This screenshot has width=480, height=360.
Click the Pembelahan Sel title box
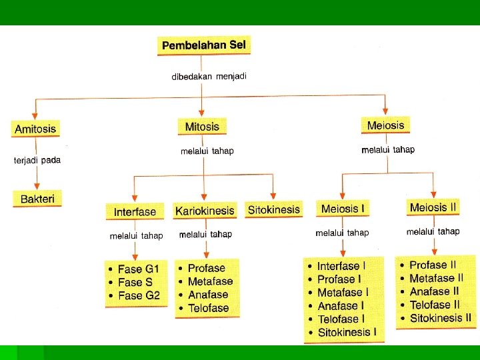point(205,46)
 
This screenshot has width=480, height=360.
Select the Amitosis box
point(35,128)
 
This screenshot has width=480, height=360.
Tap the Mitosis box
point(201,126)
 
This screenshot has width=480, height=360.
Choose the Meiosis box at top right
point(385,125)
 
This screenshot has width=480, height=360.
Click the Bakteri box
point(37,198)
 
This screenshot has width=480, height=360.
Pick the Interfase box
point(135,212)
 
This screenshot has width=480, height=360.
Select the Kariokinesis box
point(205,211)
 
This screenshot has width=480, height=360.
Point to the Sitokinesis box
point(273,209)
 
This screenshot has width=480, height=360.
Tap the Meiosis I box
point(343,209)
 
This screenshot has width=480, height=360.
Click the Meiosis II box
point(433,207)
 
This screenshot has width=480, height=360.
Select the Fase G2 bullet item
point(139,295)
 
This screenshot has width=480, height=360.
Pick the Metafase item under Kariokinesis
point(210,281)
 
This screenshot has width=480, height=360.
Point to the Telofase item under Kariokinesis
point(208,308)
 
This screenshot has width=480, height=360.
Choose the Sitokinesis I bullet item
point(347,332)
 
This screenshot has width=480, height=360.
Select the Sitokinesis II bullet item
point(440,318)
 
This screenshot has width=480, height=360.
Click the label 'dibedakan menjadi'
point(209,77)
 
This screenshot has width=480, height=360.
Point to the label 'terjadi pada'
point(37,161)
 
